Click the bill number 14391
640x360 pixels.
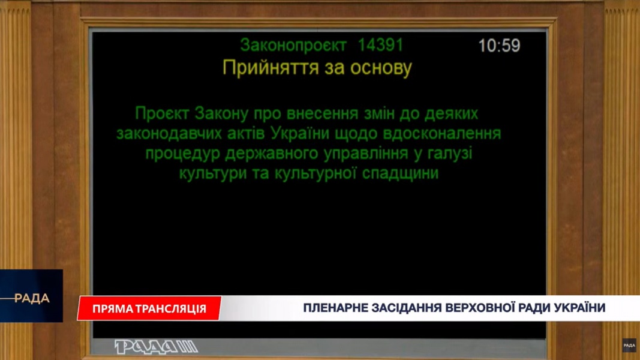coord(380,45)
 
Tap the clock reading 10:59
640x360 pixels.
coord(499,46)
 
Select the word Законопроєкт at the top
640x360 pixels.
coord(293,46)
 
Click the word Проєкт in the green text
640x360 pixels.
coord(161,113)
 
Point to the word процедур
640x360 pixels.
coord(182,154)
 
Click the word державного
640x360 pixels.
coord(272,154)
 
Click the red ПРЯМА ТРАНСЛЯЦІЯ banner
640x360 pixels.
coord(149,308)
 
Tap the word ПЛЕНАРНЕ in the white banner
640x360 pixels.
coord(334,307)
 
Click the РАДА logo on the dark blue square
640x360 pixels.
coord(31,298)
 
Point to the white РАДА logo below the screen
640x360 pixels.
coord(156,347)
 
